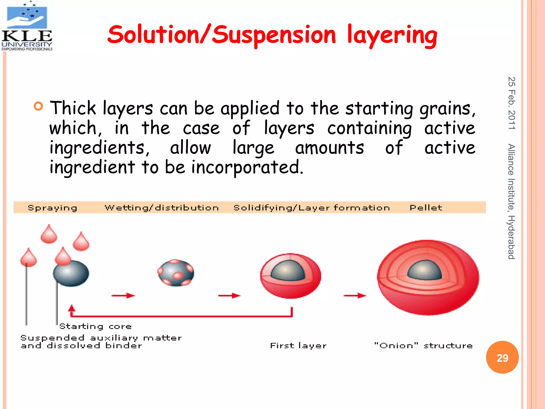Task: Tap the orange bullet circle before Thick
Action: point(38,106)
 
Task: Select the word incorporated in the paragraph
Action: point(247,167)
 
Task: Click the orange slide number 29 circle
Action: point(502,357)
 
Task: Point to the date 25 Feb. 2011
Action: point(511,103)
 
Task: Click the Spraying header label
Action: point(52,208)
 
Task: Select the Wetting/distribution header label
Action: point(162,208)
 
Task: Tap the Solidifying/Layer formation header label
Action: point(312,208)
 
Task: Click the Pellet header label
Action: point(426,208)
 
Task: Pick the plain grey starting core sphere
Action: point(71,274)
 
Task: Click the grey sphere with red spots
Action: point(176,273)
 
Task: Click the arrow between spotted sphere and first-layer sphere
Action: point(229,296)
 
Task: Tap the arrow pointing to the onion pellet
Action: point(355,296)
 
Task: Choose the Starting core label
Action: point(95,326)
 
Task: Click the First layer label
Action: point(298,346)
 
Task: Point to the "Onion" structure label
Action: point(423,346)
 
